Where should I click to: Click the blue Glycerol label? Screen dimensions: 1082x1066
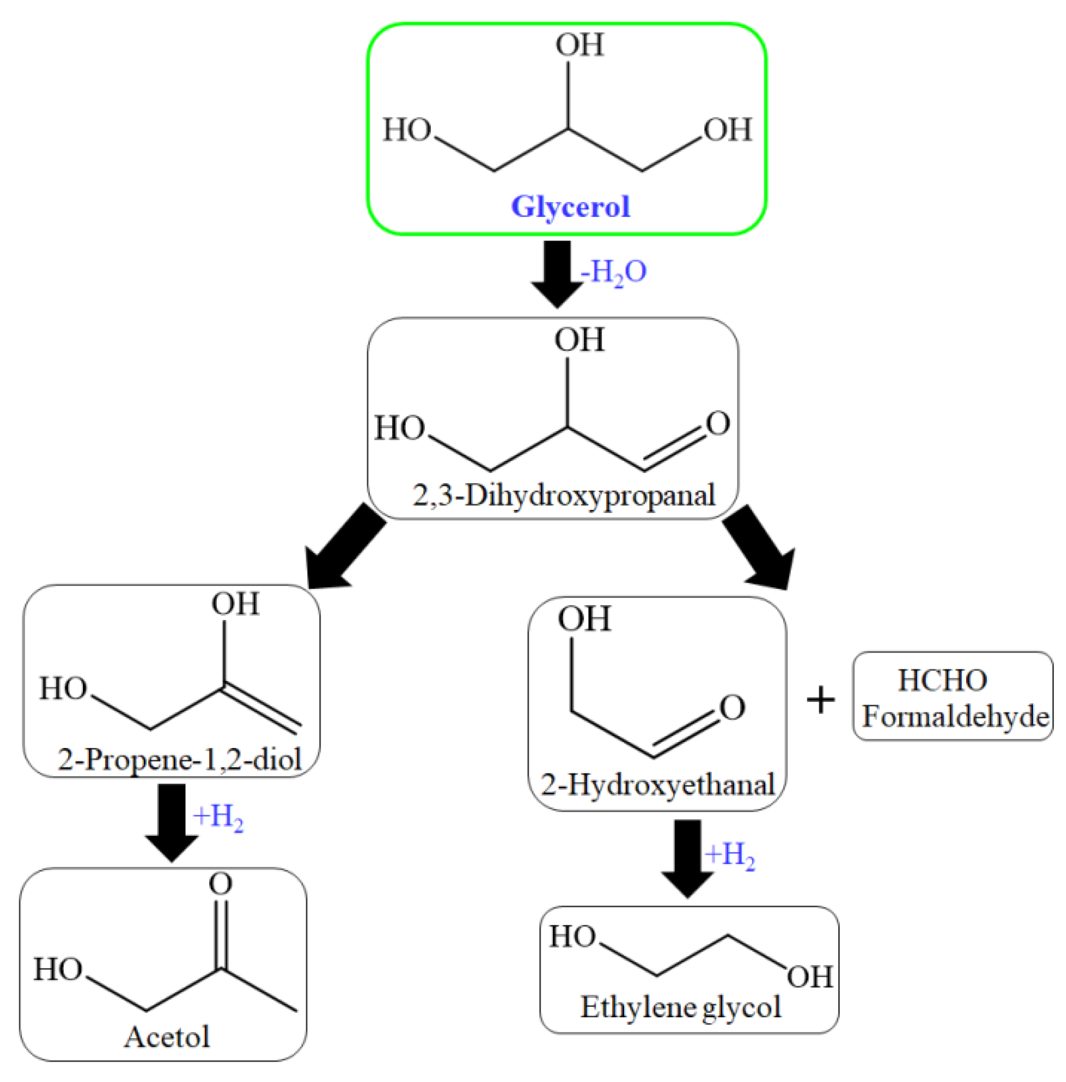pos(570,207)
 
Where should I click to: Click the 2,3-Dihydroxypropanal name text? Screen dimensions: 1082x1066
pos(564,495)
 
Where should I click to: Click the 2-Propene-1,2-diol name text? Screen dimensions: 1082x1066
pos(179,759)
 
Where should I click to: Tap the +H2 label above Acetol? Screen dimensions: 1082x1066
pos(218,818)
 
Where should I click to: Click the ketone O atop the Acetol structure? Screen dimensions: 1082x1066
pos(220,884)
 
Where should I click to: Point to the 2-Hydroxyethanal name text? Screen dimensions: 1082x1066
pos(658,784)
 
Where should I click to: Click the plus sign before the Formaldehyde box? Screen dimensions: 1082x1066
pos(821,700)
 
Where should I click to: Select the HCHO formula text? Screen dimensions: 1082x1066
pos(942,681)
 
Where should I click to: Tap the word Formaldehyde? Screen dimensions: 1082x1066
pos(955,717)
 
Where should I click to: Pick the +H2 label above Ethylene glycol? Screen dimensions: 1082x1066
pos(729,856)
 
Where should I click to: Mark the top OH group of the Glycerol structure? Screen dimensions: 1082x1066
pos(580,46)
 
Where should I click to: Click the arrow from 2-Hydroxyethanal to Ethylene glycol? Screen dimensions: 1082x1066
pos(687,857)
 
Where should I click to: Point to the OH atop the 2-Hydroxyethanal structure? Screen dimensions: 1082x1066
pos(584,619)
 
